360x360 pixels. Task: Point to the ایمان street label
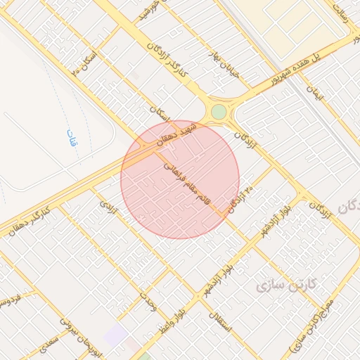323,96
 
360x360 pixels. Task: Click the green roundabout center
219,112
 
